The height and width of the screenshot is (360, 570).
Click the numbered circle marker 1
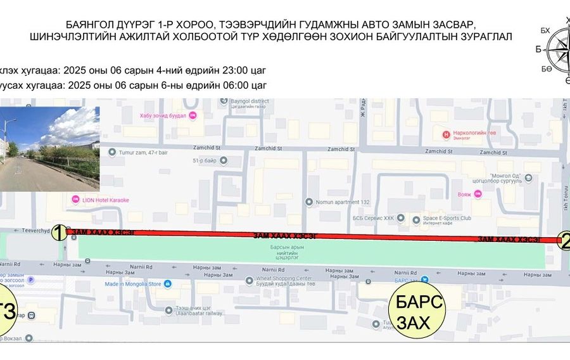coord(59,233)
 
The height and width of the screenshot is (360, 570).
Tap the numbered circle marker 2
coord(565,240)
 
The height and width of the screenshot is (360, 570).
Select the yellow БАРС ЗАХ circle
coord(416,311)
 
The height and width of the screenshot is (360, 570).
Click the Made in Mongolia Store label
coord(132,284)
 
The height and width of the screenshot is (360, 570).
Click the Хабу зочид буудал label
coord(164,115)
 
